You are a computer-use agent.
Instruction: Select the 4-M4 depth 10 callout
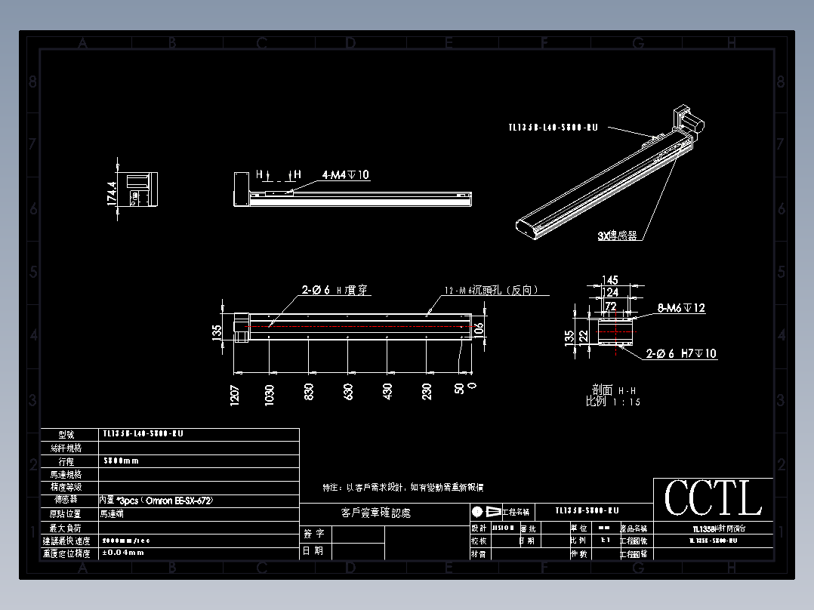coord(346,175)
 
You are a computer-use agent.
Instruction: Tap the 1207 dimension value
coord(234,394)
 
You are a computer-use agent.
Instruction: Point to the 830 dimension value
coord(309,392)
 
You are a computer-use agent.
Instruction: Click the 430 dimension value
coord(387,392)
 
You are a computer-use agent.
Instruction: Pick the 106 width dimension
coord(479,328)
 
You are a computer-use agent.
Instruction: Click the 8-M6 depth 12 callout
coord(681,308)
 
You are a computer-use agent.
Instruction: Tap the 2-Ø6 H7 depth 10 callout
coord(682,353)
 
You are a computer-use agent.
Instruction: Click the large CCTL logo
coord(713,498)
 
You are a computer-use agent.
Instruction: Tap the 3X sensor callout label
coord(617,236)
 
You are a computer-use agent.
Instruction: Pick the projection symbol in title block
coord(486,511)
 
